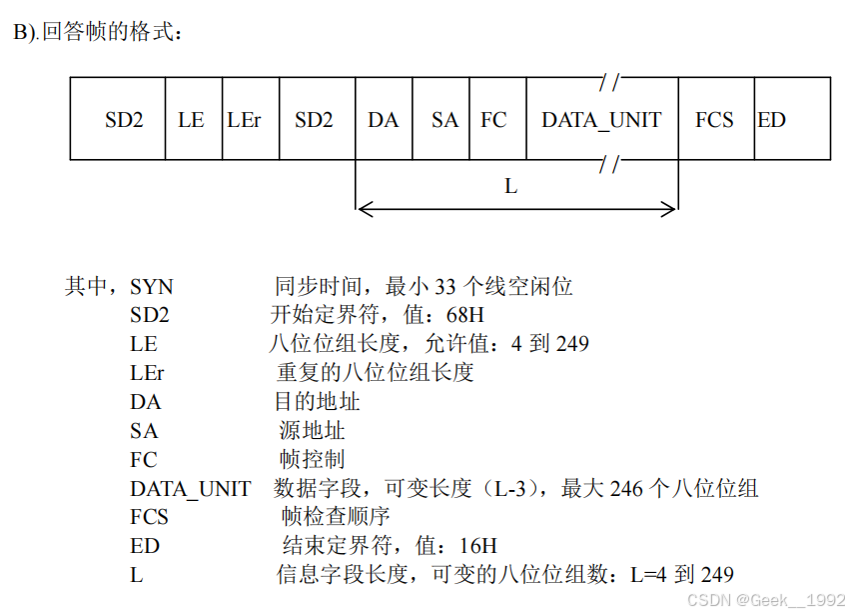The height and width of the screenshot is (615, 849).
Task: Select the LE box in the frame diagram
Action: click(x=191, y=120)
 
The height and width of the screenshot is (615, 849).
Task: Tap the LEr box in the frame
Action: click(x=245, y=120)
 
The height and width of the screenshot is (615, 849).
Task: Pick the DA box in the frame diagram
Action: click(x=383, y=120)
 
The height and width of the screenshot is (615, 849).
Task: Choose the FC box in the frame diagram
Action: click(x=493, y=120)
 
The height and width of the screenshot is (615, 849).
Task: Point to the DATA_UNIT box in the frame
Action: click(x=601, y=120)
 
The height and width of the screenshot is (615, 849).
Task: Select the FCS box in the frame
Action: click(x=714, y=120)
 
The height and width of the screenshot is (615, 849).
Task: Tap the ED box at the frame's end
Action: click(x=772, y=120)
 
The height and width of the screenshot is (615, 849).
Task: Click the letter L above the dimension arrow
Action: click(x=511, y=186)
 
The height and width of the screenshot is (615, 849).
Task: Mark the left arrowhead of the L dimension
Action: click(x=362, y=209)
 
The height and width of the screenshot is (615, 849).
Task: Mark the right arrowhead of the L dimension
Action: click(x=672, y=209)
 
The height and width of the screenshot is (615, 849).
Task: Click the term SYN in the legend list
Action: click(x=151, y=288)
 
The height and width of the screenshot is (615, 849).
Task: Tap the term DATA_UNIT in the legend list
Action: click(x=191, y=489)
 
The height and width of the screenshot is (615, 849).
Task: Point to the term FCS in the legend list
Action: click(x=149, y=518)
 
